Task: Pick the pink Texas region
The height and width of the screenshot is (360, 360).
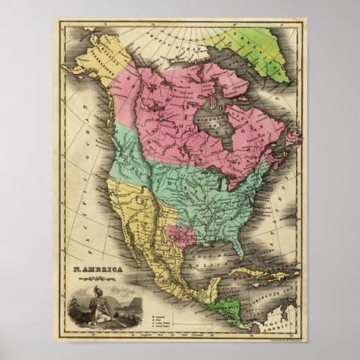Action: (x=183, y=235)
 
